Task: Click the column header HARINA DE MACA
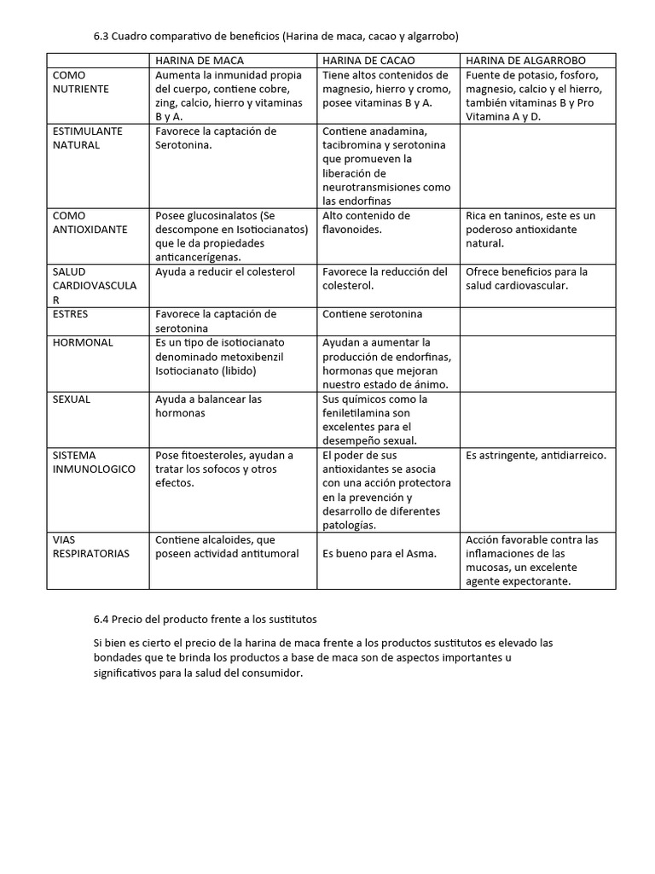[199, 61]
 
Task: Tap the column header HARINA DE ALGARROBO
[525, 61]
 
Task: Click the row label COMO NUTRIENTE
[80, 82]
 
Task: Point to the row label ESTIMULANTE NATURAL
[88, 137]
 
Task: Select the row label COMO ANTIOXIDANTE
[90, 222]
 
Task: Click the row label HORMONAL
[83, 342]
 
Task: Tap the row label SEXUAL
[72, 399]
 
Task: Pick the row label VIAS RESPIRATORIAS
[90, 546]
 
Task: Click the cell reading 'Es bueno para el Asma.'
[380, 553]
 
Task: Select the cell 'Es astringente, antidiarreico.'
[536, 455]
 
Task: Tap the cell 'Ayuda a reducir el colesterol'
[225, 271]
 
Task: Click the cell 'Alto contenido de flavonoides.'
[366, 222]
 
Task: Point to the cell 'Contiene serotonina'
[372, 313]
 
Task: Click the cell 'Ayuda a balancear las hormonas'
[208, 405]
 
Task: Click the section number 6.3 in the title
[101, 36]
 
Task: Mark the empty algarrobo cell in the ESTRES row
[536, 320]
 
